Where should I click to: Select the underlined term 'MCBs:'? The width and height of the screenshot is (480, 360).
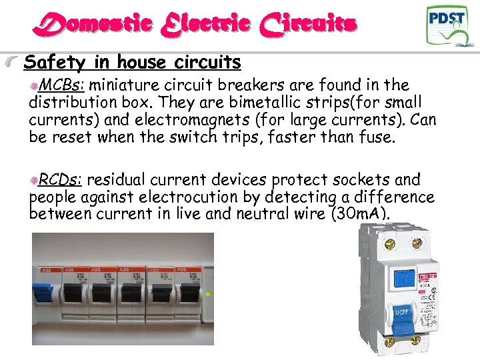(x=63, y=85)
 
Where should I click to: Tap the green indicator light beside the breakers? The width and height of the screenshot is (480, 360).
(x=209, y=293)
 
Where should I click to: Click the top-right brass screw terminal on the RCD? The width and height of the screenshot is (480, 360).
(x=417, y=244)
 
